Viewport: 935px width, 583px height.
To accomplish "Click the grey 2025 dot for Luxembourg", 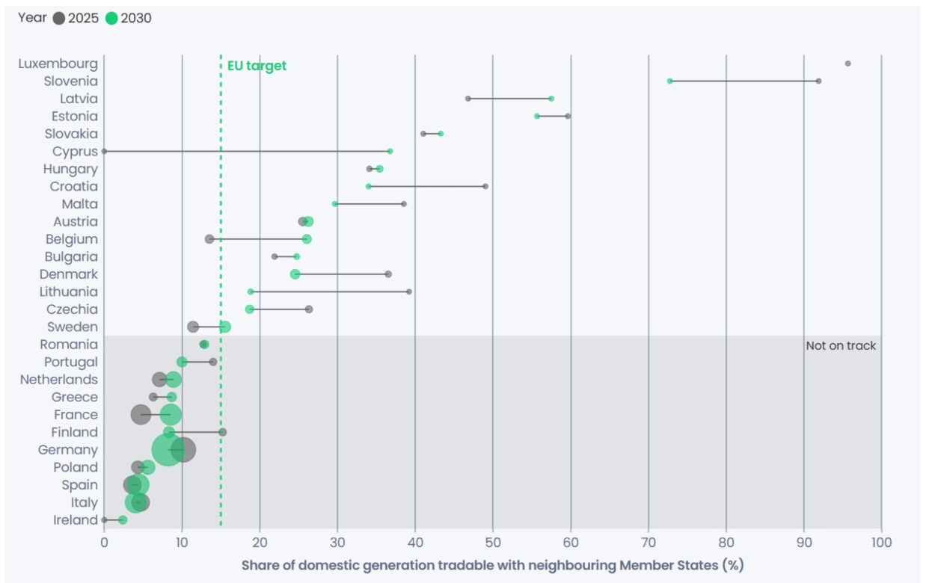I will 847,64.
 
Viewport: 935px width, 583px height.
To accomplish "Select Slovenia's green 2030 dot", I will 670,81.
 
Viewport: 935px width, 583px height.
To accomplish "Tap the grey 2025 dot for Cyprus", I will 104,151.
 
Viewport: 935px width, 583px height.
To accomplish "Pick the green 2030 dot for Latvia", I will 551,99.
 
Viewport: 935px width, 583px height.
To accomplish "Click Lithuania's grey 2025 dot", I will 409,291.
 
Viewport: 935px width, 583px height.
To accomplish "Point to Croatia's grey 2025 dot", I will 485,186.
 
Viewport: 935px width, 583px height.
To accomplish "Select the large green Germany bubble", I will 168,450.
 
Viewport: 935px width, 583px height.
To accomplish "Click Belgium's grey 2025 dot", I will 209,239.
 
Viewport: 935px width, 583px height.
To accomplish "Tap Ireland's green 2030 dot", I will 123,520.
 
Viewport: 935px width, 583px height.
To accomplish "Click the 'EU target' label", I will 257,66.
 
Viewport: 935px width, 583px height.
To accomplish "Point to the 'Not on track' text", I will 841,346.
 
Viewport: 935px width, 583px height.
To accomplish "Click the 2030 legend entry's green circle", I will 111,19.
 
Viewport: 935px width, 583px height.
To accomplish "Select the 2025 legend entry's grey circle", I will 59,19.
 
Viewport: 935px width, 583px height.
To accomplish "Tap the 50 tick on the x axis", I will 493,542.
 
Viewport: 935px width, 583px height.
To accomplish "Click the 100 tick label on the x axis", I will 881,542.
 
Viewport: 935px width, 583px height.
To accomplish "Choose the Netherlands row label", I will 59,380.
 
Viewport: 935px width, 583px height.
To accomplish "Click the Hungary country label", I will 70,169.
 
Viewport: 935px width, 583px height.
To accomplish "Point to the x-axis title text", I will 492,565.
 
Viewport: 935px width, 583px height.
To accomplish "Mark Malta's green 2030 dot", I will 335,204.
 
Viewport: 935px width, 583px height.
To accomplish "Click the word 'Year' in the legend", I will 32,18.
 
